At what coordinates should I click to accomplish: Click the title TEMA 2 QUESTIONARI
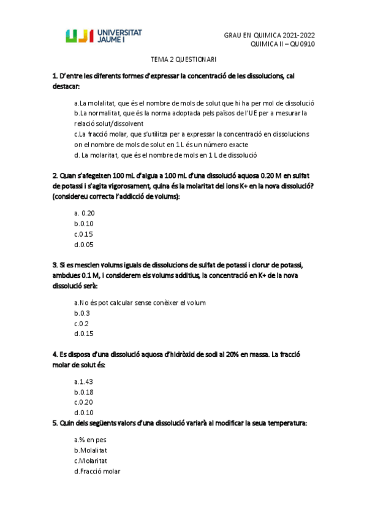[184, 60]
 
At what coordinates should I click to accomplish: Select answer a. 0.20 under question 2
[84, 213]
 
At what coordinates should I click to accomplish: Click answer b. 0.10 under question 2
[83, 224]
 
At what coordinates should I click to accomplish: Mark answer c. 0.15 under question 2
[83, 234]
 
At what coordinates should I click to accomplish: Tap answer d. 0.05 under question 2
[83, 245]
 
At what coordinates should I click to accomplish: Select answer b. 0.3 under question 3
[81, 313]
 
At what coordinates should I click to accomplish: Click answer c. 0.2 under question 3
[81, 324]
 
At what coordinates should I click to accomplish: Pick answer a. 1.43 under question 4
[83, 381]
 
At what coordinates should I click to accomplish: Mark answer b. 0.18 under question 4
[83, 392]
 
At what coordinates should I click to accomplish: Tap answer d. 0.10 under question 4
[83, 413]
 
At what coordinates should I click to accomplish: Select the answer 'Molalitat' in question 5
[91, 451]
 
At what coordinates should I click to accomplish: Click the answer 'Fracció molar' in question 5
[97, 472]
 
